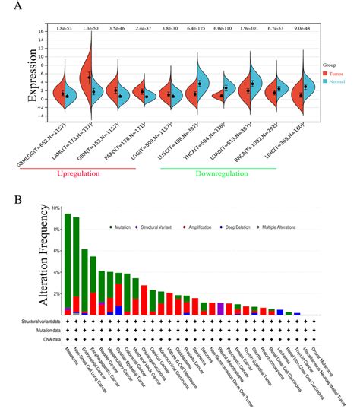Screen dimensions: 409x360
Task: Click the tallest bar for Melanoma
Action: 67,263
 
